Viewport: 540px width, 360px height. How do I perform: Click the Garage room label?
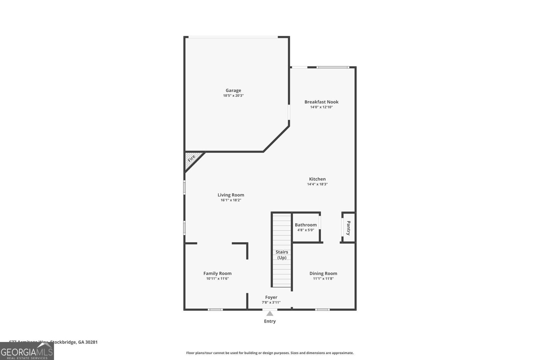pos(233,90)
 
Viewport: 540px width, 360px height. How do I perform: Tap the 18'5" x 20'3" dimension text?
pos(233,96)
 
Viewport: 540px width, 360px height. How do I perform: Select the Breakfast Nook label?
pos(321,102)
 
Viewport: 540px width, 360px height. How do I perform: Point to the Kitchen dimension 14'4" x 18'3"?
pos(317,185)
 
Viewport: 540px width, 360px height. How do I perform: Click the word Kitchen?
pos(317,179)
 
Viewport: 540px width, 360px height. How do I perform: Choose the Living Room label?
pos(231,195)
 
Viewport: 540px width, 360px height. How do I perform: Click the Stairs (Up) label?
pos(282,255)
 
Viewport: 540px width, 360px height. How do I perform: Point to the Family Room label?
pos(217,274)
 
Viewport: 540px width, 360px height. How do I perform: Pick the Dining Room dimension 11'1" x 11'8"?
pos(323,279)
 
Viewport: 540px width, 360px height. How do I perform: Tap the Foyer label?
pos(271,298)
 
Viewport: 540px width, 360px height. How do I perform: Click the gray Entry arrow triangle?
pos(270,314)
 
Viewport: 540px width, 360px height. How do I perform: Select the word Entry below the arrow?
pos(270,321)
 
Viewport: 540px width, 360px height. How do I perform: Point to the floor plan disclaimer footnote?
pos(270,353)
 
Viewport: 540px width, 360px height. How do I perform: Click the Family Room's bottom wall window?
pos(215,309)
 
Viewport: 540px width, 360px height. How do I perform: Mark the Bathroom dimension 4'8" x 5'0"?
pos(306,230)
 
